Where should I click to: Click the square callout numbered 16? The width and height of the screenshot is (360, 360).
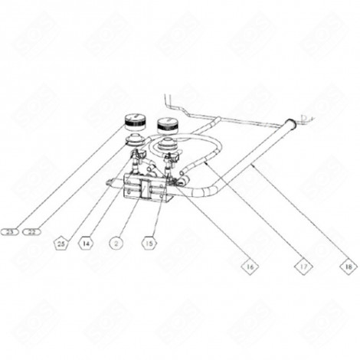tap(249, 267)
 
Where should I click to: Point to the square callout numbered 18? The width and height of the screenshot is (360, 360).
tap(349, 267)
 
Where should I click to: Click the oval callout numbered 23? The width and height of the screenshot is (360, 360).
tap(10, 231)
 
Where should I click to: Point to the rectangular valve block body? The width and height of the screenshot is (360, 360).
tap(142, 187)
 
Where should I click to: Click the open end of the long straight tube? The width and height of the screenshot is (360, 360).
tap(290, 122)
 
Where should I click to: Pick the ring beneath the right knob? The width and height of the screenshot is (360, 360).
tap(166, 145)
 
